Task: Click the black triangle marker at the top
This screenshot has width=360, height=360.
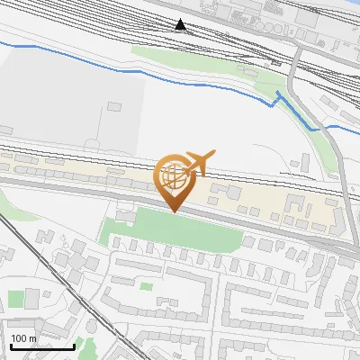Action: [182, 24]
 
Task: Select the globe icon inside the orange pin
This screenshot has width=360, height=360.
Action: [175, 178]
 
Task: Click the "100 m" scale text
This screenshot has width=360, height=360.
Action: [24, 338]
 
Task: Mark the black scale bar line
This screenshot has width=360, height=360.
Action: [42, 346]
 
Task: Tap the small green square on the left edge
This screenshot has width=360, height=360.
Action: [16, 298]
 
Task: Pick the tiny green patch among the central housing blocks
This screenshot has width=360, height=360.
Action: [146, 286]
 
